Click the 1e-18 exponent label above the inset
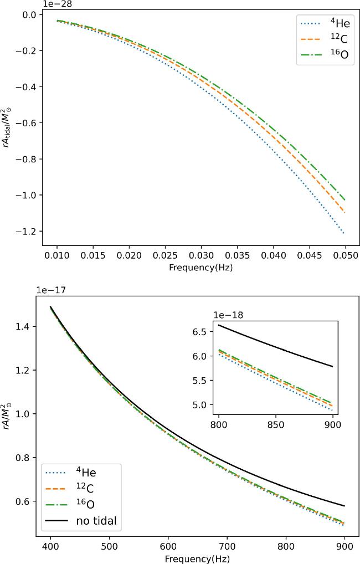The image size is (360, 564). click(229, 315)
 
